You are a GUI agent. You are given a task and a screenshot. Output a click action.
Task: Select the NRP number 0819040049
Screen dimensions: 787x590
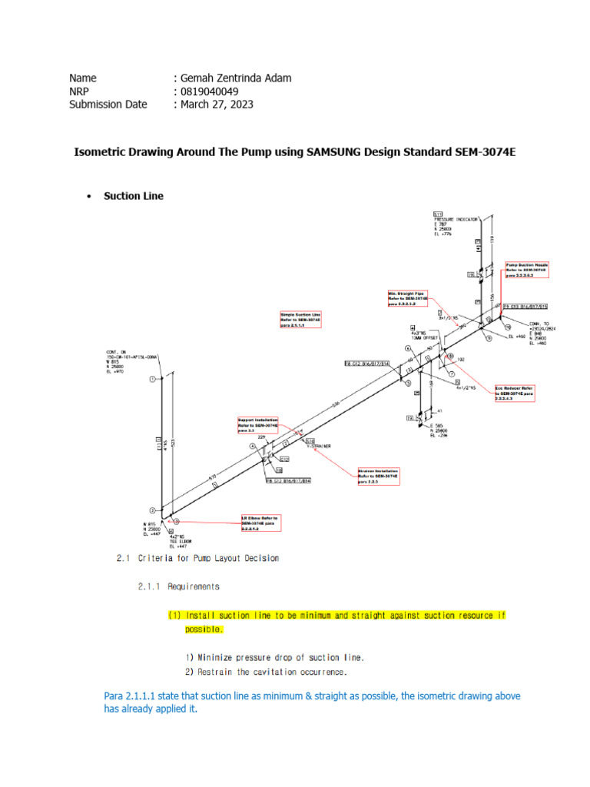click(204, 91)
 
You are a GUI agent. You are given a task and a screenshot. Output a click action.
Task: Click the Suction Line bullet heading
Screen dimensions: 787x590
click(134, 196)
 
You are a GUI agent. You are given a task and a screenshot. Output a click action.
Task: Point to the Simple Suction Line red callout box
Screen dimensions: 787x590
click(300, 320)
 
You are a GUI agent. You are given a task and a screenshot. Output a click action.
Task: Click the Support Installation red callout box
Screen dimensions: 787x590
click(258, 426)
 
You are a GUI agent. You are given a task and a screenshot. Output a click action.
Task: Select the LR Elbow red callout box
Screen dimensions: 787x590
click(260, 523)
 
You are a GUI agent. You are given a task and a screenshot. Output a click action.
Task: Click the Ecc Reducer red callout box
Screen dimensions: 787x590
click(513, 393)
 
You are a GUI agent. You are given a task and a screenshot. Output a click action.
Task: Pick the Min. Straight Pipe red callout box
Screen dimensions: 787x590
click(407, 299)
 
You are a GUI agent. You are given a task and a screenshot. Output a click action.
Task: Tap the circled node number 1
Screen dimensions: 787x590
click(152, 379)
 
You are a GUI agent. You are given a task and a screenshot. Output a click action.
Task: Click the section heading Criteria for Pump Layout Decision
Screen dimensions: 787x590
click(198, 558)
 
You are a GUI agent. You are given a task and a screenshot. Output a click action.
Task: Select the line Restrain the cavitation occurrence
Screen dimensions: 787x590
click(266, 672)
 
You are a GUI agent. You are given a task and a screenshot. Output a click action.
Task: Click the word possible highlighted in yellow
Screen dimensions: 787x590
click(203, 629)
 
